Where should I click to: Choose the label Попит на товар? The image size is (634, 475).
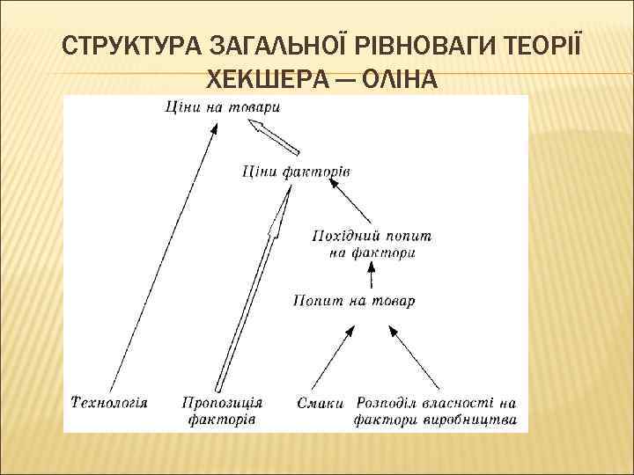(353, 301)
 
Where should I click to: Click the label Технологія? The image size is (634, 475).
(108, 402)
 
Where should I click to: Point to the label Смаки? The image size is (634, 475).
(314, 402)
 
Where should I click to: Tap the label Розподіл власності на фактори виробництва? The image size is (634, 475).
(435, 411)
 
